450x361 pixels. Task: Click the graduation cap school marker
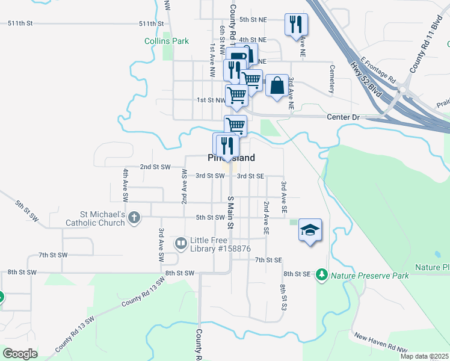tap(310, 230)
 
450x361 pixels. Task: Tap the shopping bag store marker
tap(277, 85)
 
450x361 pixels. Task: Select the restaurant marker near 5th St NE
tap(295, 25)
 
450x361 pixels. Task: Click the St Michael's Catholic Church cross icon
tap(134, 218)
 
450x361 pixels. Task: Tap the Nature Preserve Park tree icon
tap(322, 276)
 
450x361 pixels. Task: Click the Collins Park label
tap(167, 42)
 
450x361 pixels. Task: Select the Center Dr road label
tap(342, 116)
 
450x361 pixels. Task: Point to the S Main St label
tap(230, 212)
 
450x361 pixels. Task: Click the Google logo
tap(20, 354)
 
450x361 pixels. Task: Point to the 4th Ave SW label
tap(126, 184)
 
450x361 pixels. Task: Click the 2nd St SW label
tap(155, 167)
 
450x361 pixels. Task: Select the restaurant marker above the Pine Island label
tap(227, 146)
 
